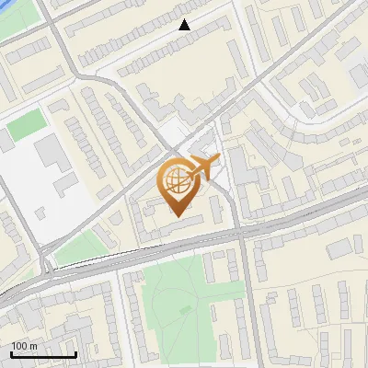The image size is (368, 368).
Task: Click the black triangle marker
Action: [x=185, y=25]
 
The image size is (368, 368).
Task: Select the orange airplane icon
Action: [x=203, y=167]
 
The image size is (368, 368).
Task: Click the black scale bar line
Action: [x=43, y=355]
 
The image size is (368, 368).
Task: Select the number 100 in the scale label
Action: [x=18, y=346]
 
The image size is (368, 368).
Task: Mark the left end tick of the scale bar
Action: [x=11, y=353]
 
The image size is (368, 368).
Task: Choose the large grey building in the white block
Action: [x=48, y=152]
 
